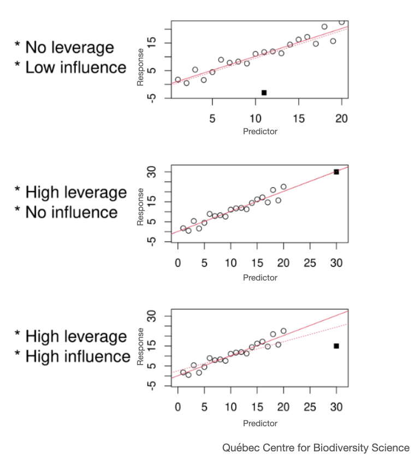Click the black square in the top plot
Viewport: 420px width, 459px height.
click(264, 93)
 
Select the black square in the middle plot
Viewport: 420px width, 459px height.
click(336, 172)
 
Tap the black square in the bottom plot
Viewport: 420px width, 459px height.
click(336, 346)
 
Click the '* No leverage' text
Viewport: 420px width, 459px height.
click(64, 47)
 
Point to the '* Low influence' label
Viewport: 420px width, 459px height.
click(70, 68)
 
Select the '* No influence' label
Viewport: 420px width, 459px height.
click(66, 212)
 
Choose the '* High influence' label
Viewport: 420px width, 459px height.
click(73, 357)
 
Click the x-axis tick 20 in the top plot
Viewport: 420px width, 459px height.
click(342, 118)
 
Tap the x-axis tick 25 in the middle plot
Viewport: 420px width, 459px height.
click(310, 264)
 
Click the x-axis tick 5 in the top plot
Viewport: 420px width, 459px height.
click(212, 118)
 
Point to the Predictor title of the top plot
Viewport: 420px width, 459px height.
click(261, 132)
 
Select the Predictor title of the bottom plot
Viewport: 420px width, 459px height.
click(261, 424)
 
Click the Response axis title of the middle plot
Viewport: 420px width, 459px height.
click(140, 207)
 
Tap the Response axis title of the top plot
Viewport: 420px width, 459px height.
click(140, 67)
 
